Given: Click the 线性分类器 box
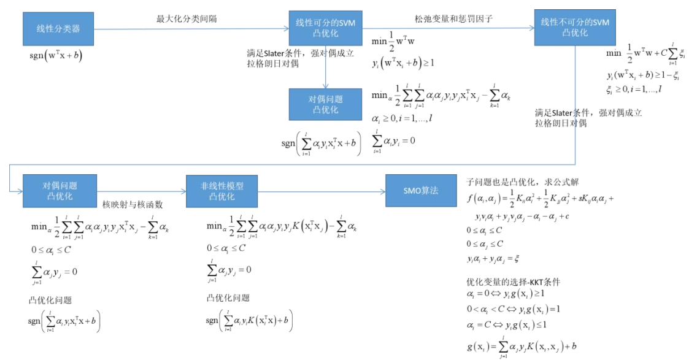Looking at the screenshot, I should click(58, 28).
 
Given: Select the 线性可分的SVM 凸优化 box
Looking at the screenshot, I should click(326, 28).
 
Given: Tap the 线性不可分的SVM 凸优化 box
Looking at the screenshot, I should click(574, 28).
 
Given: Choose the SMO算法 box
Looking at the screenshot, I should click(421, 191).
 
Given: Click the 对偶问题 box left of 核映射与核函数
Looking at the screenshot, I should click(60, 191).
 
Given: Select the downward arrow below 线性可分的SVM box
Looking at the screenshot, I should click(326, 67).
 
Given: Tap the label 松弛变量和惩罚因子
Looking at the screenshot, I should click(455, 19).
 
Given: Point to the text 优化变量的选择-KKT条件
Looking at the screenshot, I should click(514, 281).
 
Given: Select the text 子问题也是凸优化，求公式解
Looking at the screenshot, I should click(519, 182).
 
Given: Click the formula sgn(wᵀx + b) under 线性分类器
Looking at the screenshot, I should click(56, 55).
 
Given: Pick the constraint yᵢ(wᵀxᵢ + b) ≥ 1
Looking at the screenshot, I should click(402, 63).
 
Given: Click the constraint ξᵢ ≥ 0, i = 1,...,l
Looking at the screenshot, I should click(634, 89).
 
